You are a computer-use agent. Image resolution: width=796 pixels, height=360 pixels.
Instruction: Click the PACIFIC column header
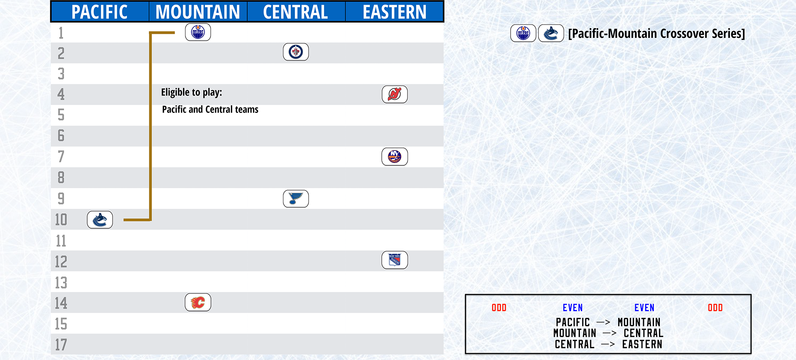click(99, 12)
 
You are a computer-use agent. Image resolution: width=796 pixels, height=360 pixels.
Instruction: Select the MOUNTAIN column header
click(198, 12)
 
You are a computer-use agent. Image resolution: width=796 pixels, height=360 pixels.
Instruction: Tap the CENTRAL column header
click(296, 12)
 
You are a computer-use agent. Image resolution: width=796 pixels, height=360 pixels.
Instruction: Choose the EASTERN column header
click(394, 12)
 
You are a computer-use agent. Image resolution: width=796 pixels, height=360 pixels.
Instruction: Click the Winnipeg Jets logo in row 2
click(296, 52)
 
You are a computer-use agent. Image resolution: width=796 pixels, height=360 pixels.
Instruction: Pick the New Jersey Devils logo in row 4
click(394, 94)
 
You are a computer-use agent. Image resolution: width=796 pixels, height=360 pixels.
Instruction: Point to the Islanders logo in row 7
click(394, 156)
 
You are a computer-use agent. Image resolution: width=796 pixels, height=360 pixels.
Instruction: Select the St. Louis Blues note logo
click(296, 198)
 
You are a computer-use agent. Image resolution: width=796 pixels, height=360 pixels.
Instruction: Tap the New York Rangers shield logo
click(394, 260)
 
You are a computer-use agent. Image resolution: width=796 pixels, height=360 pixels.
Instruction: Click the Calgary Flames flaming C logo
click(198, 302)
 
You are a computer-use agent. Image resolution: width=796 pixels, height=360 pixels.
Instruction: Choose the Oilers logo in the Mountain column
click(198, 32)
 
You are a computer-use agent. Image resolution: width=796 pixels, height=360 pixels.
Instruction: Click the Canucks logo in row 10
click(100, 220)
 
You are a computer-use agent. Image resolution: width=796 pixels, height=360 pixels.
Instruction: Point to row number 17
click(61, 344)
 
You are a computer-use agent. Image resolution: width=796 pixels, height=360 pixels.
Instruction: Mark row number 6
click(61, 136)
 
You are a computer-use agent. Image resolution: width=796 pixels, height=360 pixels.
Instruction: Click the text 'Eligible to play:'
click(191, 92)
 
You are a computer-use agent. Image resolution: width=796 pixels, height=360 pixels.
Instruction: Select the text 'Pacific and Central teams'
click(210, 109)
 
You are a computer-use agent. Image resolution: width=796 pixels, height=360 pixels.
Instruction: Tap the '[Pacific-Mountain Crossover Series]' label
click(656, 33)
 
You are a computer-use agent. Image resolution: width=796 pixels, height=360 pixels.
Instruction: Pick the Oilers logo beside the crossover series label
click(523, 33)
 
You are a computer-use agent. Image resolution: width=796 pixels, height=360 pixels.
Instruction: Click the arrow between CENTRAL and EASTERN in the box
click(608, 344)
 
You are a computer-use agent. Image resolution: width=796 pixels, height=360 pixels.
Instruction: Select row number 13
click(61, 282)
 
